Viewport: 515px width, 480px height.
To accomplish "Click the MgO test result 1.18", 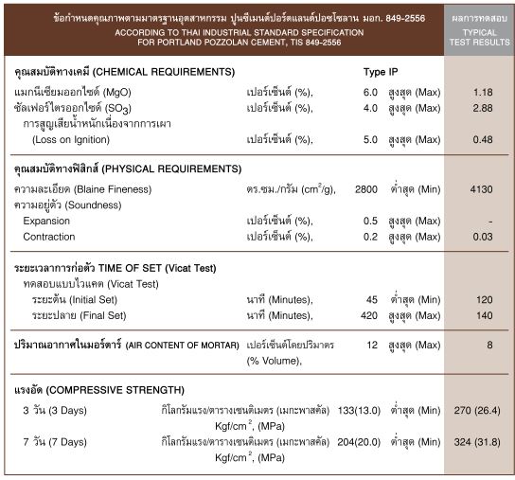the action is tap(482, 92).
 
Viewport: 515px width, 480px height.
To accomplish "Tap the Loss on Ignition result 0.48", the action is tap(482, 139).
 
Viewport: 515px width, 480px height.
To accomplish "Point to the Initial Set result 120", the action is tap(484, 299).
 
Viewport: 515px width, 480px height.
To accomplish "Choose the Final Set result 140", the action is tap(484, 315).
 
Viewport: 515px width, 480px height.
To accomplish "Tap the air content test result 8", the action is tap(489, 346).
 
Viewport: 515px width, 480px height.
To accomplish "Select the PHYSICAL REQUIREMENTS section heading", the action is tap(125, 169).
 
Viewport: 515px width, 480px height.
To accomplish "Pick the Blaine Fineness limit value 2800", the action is tap(365, 189).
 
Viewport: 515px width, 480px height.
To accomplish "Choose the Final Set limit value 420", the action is tap(369, 315).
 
